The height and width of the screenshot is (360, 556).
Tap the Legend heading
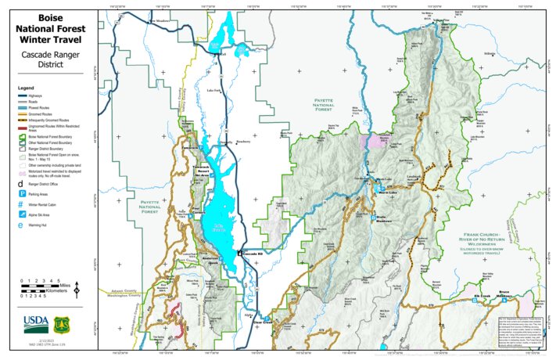(x=27, y=88)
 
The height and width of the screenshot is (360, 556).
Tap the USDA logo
(x=34, y=322)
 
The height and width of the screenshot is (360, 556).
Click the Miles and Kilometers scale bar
(x=43, y=287)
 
